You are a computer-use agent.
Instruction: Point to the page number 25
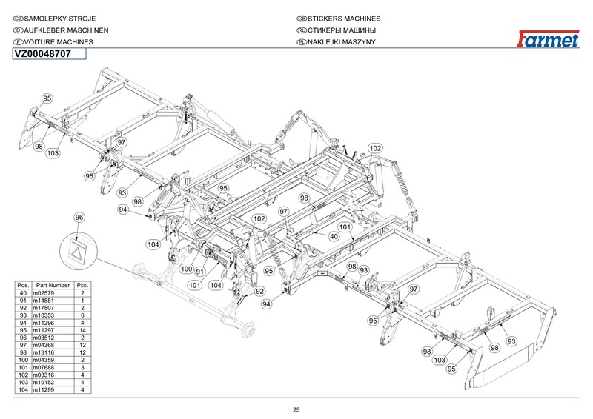296,410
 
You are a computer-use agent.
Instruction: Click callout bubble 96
80,216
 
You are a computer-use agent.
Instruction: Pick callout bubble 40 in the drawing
334,236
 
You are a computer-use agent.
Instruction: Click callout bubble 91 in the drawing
199,272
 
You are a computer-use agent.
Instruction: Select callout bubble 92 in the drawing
260,291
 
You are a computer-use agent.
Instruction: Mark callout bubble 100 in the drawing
186,269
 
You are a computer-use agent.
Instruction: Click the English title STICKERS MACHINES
343,17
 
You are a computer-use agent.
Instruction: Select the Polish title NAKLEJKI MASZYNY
341,42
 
